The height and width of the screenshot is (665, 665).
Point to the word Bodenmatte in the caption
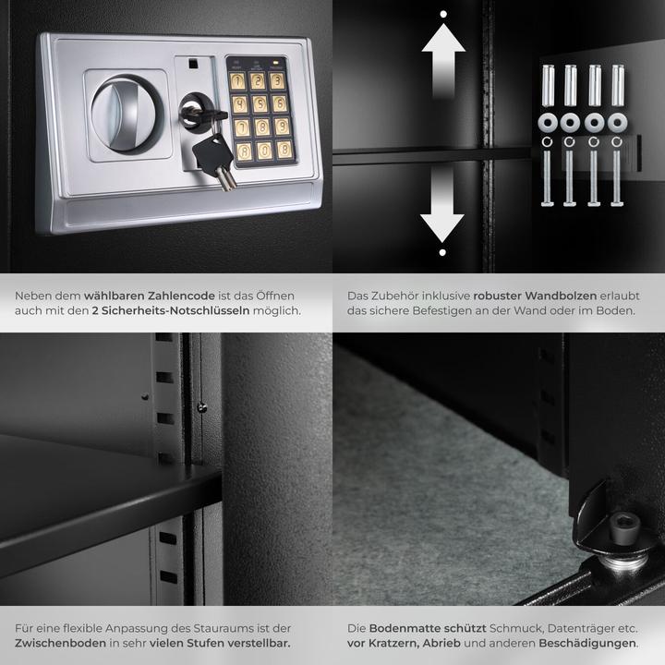403,626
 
